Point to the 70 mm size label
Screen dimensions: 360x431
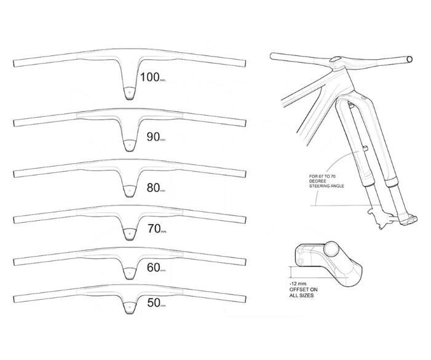(x=157, y=229)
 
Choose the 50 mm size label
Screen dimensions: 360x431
(x=156, y=303)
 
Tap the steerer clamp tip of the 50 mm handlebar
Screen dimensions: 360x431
(x=129, y=309)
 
